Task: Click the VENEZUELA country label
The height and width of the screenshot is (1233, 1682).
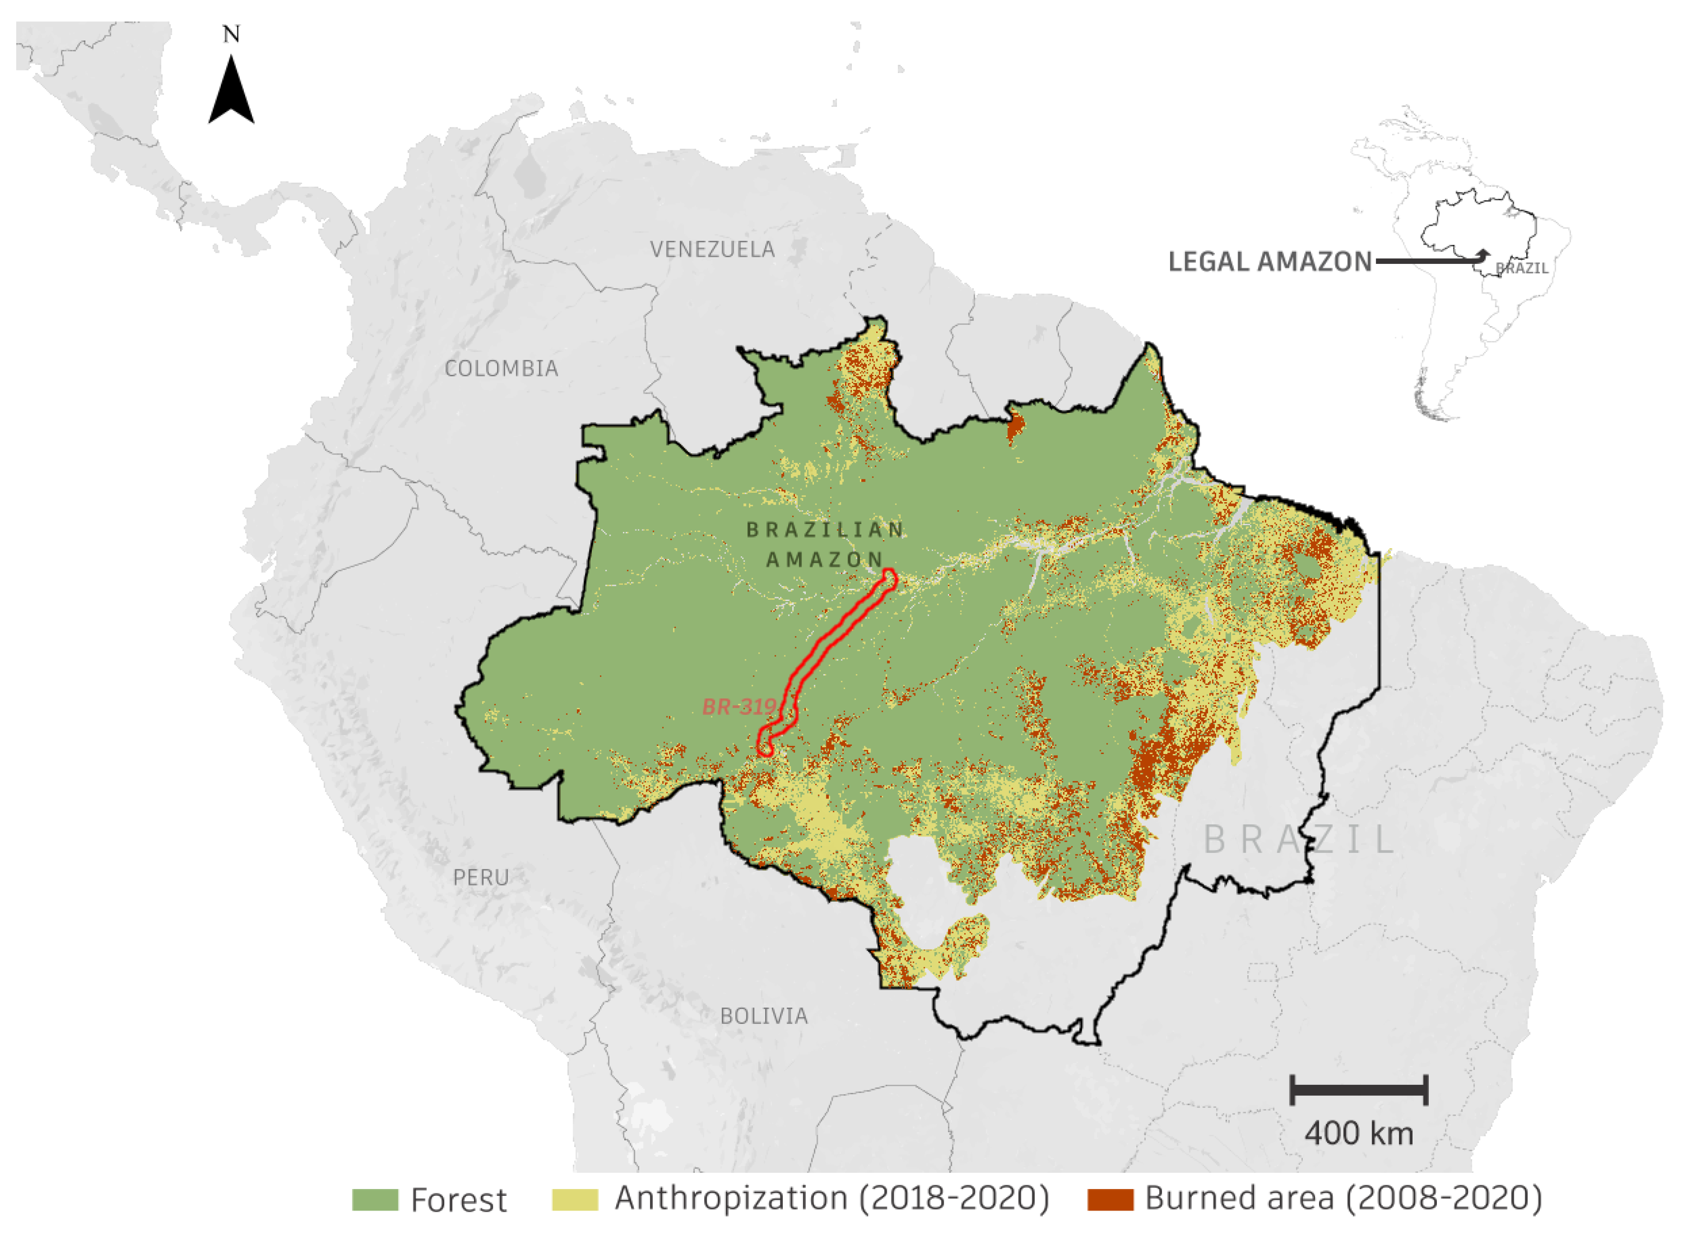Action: point(712,249)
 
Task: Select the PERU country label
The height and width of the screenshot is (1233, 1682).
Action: point(481,878)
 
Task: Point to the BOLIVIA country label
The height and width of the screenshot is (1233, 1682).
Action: point(764,1016)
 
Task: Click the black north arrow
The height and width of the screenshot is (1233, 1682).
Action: point(231,93)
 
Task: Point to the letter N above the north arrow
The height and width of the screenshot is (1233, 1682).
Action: point(231,34)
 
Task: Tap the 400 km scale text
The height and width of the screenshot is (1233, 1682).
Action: point(1359,1134)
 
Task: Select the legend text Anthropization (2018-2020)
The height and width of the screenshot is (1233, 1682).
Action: point(832,1198)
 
